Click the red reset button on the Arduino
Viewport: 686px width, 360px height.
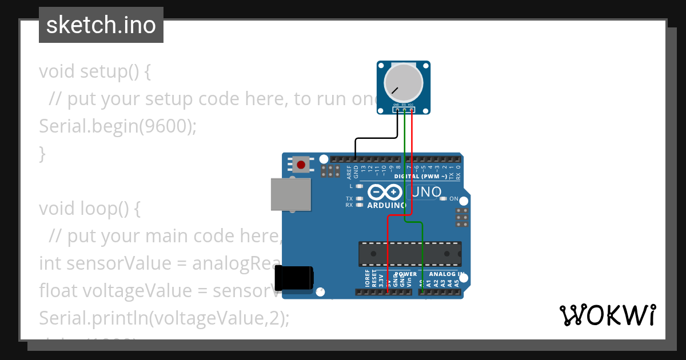[x=301, y=165]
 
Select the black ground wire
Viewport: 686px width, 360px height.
[x=376, y=138]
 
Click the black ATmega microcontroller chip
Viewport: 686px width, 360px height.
[x=410, y=254]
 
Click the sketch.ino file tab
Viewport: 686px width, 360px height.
[x=101, y=25]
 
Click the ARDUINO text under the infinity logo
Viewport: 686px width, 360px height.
[x=386, y=205]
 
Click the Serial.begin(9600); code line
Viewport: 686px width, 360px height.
[x=117, y=126]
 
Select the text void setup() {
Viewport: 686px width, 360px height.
[x=94, y=71]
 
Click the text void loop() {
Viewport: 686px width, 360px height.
[x=89, y=209]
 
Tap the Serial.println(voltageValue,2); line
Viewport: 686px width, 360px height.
[x=164, y=318]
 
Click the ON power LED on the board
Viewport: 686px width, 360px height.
[x=443, y=199]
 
